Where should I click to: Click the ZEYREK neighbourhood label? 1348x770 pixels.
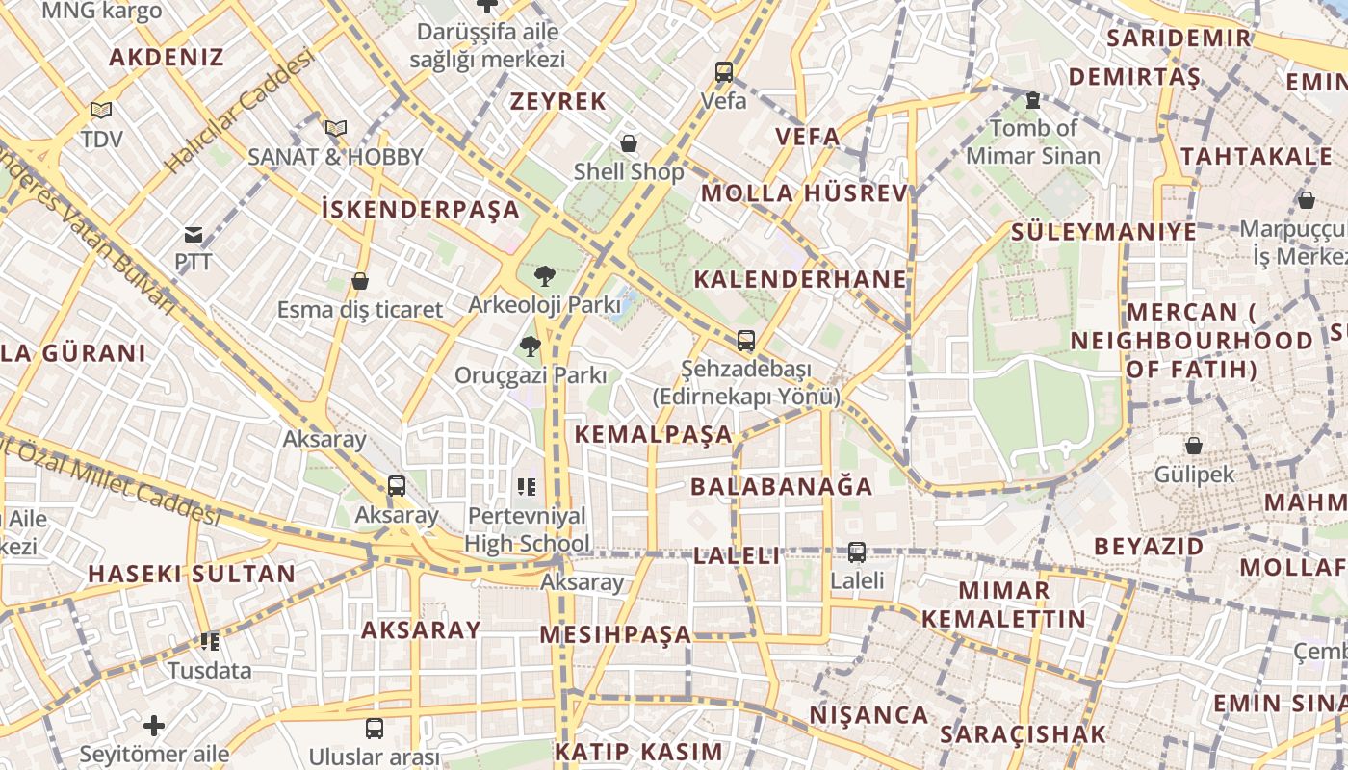coord(558,101)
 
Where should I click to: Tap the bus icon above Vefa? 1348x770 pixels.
coord(724,72)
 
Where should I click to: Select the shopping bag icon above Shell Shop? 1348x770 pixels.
coord(629,144)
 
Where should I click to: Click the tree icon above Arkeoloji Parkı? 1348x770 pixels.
coord(544,277)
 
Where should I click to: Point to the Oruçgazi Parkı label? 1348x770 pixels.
coord(531,375)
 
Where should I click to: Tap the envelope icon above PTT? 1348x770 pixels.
coord(194,234)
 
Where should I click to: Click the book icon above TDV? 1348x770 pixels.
coord(101,111)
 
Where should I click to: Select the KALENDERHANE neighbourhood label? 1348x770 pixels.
coord(800,279)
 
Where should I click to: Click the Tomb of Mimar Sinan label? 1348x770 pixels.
coord(1033,141)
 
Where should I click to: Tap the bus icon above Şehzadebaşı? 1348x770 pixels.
coord(746,340)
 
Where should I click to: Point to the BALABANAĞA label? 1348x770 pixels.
coord(782,486)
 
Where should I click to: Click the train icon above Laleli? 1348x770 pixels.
coord(857,552)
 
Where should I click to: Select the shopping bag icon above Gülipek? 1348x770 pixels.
coord(1194,446)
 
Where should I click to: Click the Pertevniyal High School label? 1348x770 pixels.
coord(526,529)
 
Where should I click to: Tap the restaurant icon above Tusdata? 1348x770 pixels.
coord(209,642)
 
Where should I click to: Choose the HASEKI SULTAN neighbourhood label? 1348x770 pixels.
coord(192,575)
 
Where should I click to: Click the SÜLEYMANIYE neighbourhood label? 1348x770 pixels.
coord(1103,232)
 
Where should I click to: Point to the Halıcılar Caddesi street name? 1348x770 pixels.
coord(240,112)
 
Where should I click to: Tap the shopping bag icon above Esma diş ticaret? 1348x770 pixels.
coord(360,281)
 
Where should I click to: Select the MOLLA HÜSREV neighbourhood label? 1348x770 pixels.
coord(805,193)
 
